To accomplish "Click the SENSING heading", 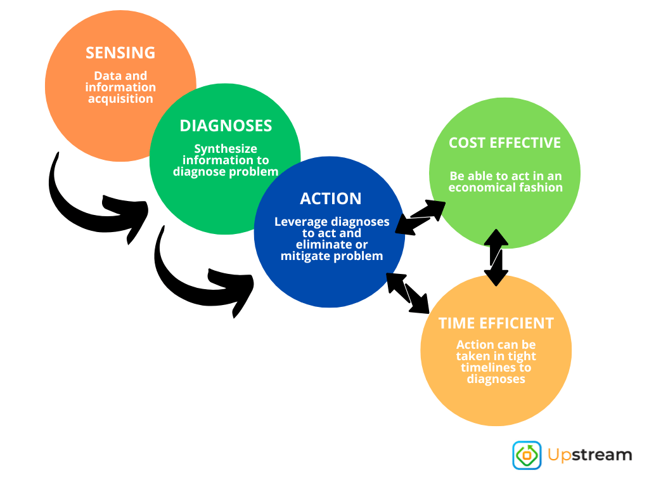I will point(120,53).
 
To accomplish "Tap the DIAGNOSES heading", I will point(226,126).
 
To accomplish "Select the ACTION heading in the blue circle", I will point(331,198).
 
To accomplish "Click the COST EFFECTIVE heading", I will point(504,143).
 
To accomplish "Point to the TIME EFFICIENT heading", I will point(496,323).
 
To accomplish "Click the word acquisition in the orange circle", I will point(120,99).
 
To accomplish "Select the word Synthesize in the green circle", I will point(226,149).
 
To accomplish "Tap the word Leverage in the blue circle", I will point(300,222).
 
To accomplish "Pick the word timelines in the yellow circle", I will point(496,368).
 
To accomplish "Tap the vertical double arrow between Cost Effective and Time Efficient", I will point(496,257).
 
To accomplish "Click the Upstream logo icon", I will point(527,455).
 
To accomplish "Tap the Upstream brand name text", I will point(589,455).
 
